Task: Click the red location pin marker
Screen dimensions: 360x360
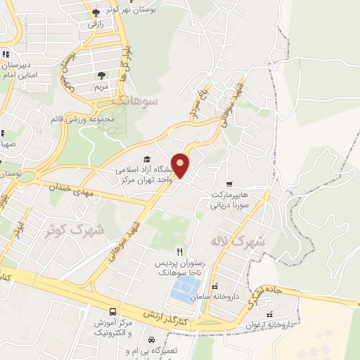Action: click(181, 165)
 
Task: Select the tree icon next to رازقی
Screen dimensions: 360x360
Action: click(96, 12)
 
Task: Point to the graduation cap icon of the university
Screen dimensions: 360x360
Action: click(147, 159)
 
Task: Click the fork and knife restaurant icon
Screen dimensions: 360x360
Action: click(179, 252)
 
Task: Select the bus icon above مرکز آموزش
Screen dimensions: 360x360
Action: click(112, 311)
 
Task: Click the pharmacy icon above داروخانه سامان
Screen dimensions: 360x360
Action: click(215, 287)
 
